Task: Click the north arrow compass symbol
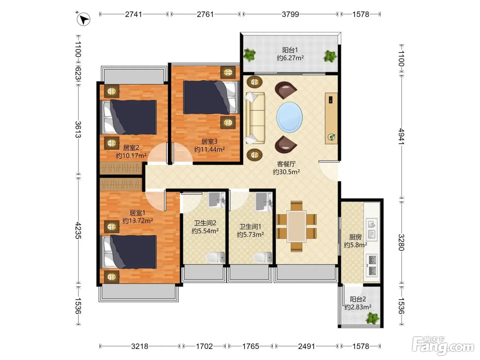[x=83, y=19]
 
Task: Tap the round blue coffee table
[x=289, y=117]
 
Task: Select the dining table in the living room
[x=296, y=226]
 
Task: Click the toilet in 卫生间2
[x=215, y=257]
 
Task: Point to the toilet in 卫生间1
[x=263, y=257]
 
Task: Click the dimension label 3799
[x=290, y=14]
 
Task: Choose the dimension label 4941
[x=401, y=136]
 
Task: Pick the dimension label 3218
[x=140, y=346]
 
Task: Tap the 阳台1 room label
[x=290, y=50]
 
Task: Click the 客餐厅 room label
[x=286, y=164]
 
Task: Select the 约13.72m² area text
[x=137, y=221]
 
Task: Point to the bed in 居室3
[x=211, y=97]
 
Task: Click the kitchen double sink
[x=372, y=229]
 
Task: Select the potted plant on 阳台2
[x=372, y=318]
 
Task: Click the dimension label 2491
[x=307, y=346]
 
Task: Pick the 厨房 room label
[x=355, y=237]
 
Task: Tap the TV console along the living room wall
[x=331, y=118]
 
